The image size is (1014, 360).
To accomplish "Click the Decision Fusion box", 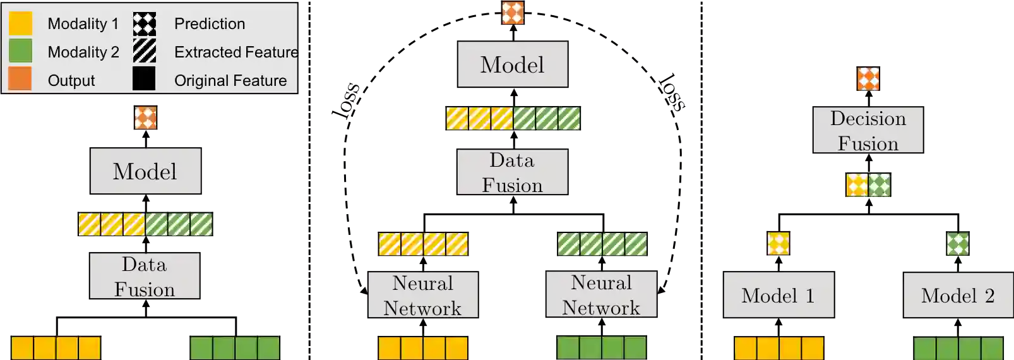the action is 868,131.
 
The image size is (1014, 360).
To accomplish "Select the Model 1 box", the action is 778,295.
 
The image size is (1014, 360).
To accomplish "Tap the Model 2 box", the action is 958,295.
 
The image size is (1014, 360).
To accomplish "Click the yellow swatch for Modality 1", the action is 21,23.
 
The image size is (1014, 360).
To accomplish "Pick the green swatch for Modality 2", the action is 21,51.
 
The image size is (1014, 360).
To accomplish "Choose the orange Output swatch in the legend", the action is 20,79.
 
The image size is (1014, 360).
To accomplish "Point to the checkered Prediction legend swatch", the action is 144,24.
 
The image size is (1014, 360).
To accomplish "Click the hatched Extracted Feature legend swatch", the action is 144,51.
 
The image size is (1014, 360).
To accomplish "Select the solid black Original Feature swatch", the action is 144,79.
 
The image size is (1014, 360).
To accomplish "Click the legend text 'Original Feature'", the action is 230,81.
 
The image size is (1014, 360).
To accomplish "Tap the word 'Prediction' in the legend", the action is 210,24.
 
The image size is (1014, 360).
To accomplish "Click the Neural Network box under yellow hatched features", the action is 423,295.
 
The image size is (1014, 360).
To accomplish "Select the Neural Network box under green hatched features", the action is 601,294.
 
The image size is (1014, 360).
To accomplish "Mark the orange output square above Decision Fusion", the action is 868,79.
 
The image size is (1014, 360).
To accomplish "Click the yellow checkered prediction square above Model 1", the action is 778,244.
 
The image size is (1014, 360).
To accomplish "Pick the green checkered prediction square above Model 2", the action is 957,244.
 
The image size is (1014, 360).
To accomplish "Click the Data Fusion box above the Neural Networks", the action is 512,172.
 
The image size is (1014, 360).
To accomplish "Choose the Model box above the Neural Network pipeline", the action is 512,64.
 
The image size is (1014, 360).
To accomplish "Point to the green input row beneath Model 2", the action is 958,348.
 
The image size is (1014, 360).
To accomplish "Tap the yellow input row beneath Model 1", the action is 778,348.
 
